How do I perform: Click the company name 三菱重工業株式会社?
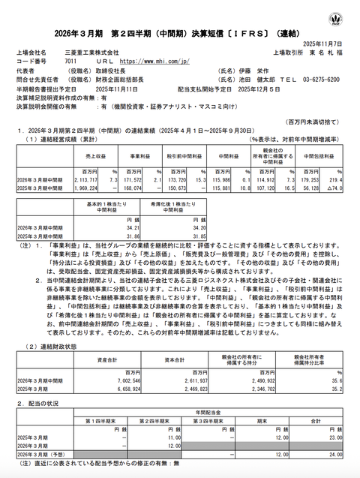pyautogui.click(x=94, y=53)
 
